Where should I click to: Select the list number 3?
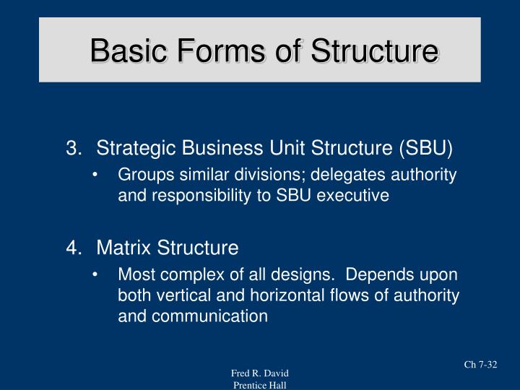(72, 149)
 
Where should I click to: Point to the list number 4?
(72, 248)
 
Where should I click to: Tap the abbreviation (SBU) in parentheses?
(424, 149)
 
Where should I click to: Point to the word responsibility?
(193, 195)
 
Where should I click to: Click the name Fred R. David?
(260, 373)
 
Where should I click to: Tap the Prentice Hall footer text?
(260, 384)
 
